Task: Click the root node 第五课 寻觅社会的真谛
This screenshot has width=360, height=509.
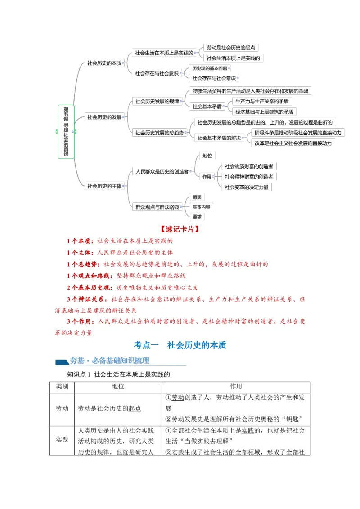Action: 66,131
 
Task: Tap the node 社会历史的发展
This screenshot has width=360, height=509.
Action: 104,117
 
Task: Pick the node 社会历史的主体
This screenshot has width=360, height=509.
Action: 104,185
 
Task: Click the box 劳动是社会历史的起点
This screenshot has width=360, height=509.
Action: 231,47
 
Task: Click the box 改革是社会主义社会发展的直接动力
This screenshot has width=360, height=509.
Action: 292,143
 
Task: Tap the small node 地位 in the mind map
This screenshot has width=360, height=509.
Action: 207,156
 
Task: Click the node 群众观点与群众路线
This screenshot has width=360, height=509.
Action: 157,207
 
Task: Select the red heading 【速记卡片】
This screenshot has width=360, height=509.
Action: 180,229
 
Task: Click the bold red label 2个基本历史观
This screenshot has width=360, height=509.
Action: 90,287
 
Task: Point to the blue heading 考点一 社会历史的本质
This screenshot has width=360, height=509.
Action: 180,345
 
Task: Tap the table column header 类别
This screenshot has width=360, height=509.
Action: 62,387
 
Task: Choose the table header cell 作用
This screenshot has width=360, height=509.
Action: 236,387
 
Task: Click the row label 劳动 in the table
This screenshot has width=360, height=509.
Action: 62,409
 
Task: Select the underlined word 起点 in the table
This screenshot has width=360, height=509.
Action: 135,409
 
